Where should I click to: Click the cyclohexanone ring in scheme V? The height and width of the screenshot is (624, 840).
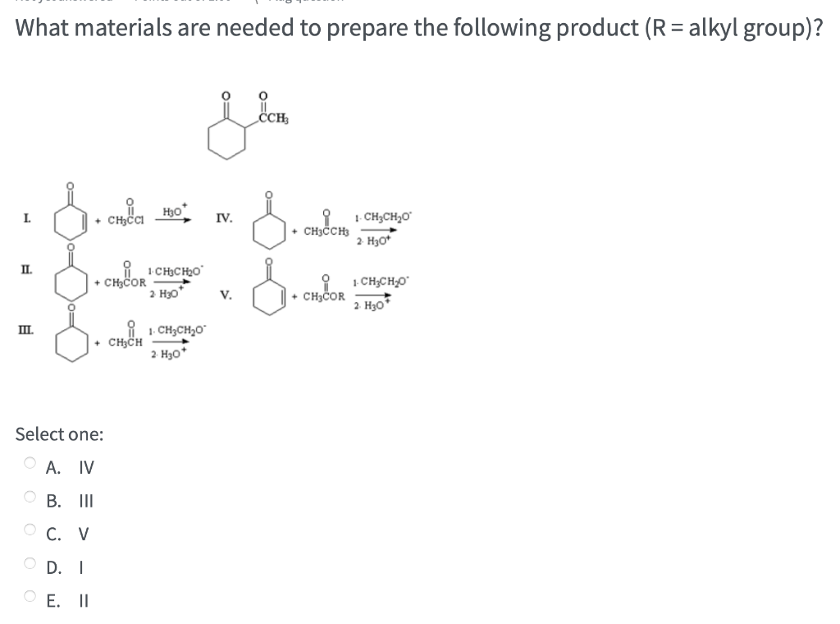tap(269, 294)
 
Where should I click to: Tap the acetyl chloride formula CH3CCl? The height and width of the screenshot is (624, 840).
tap(126, 218)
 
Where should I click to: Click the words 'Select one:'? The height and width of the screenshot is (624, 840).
tap(60, 434)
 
